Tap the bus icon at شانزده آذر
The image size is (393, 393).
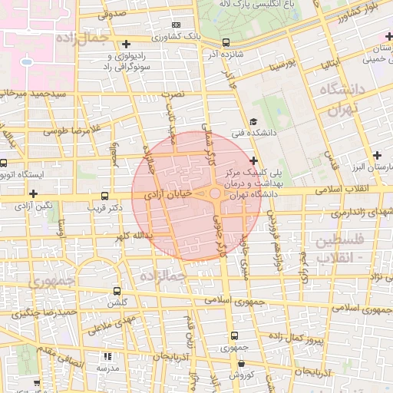point(226,43)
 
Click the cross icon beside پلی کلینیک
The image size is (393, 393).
point(253,160)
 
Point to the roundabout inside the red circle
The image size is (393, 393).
point(214,196)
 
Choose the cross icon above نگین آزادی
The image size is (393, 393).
point(33,195)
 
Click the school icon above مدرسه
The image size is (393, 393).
point(107,357)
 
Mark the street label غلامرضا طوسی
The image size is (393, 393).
point(66,130)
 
